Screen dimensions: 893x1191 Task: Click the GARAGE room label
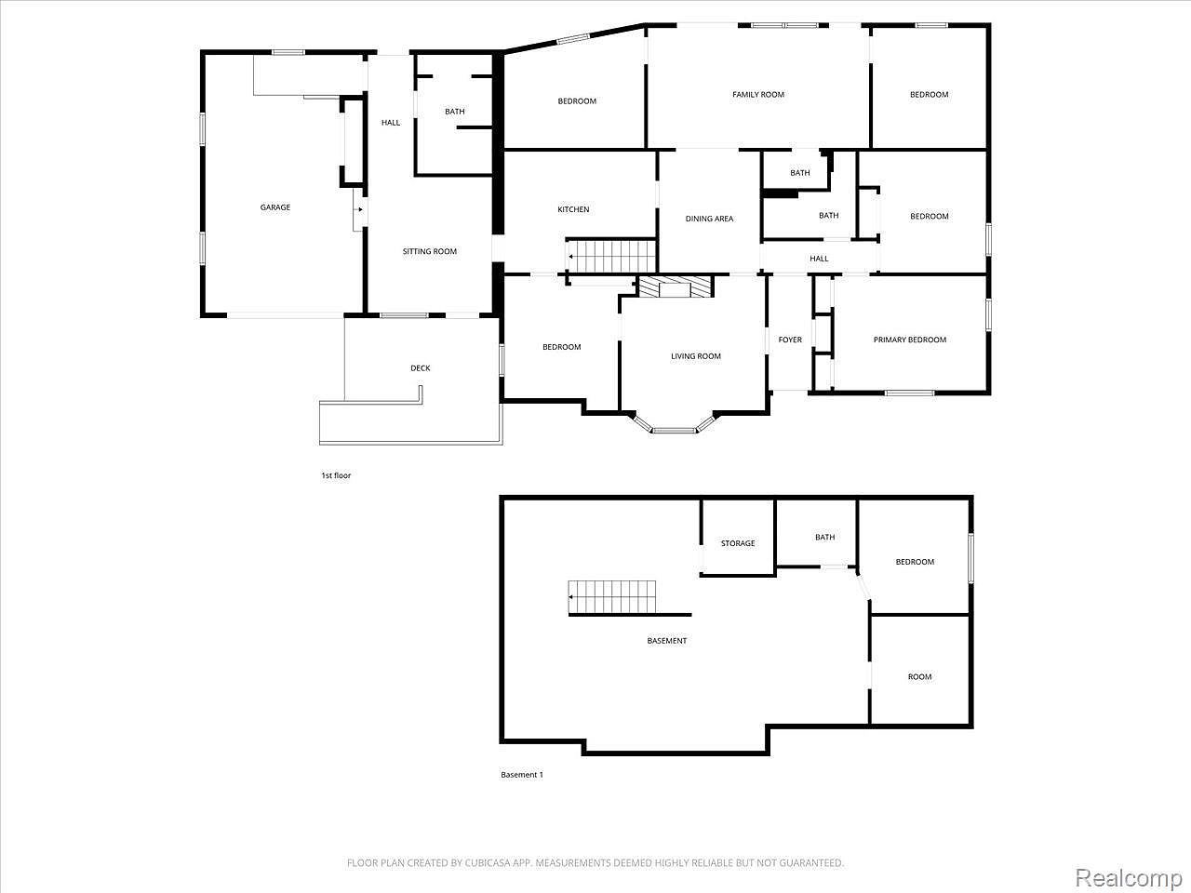[x=274, y=207]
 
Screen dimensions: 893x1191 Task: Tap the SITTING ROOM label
[x=430, y=251]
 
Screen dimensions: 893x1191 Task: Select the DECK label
[x=421, y=368]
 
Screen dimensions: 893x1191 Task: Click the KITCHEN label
[x=573, y=209]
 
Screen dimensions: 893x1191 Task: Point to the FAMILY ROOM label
[x=758, y=94]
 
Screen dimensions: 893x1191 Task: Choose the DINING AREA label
[x=709, y=219]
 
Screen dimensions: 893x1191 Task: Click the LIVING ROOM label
[x=696, y=356]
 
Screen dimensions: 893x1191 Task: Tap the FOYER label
[x=790, y=340]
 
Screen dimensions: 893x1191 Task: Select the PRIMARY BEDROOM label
[x=909, y=340]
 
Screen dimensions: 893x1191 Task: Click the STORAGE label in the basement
[x=738, y=543]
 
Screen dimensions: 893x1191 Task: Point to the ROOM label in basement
[x=919, y=677]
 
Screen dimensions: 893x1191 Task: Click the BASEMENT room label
[x=667, y=641]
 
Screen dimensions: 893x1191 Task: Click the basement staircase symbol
[x=612, y=596]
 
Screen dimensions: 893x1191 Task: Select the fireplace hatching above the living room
[x=676, y=287]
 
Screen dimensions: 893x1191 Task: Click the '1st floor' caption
[x=336, y=475]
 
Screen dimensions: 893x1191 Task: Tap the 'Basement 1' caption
[x=521, y=775]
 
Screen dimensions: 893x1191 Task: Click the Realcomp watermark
[x=1127, y=876]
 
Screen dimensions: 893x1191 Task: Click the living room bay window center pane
[x=674, y=431]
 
